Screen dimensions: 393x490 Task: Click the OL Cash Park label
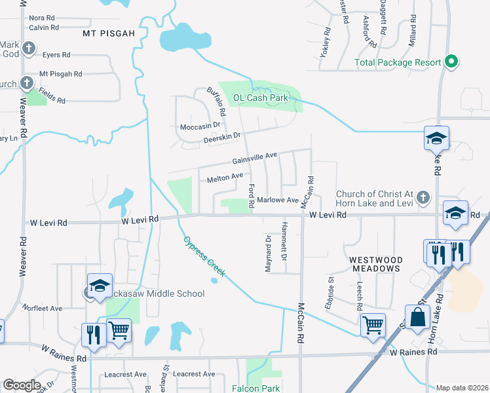[261, 98]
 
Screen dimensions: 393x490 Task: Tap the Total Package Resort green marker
[451, 62]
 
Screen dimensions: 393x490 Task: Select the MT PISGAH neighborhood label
[109, 32]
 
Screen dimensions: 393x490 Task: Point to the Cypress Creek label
[203, 256]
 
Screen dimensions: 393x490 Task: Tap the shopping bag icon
[417, 318]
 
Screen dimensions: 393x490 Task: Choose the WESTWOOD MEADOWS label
[375, 264]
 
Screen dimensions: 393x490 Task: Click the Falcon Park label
[255, 388]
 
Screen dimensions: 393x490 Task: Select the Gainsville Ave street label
[254, 159]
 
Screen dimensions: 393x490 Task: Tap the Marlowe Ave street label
[278, 200]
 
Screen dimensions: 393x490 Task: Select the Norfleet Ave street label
[41, 308]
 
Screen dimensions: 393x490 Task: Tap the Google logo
[22, 385]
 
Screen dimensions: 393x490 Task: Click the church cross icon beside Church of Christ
[424, 196]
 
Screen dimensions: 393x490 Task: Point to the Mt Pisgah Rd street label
[60, 74]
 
